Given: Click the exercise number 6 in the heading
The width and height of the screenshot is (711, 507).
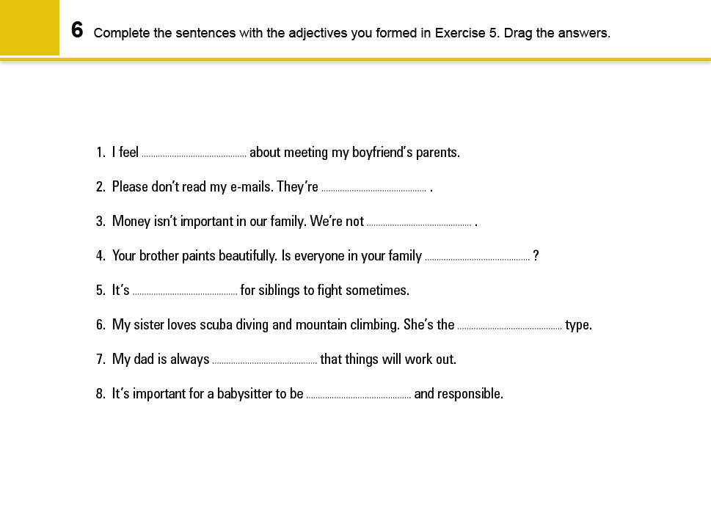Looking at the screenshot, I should [77, 31].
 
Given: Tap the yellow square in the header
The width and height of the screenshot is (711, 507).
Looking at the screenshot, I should [29, 28].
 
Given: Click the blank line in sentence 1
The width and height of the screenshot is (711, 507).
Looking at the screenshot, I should [194, 154].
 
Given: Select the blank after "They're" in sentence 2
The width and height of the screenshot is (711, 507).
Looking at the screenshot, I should [373, 189].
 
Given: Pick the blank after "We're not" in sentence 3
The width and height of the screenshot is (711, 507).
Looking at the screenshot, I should [419, 223].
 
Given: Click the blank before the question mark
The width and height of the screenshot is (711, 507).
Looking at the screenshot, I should [477, 258].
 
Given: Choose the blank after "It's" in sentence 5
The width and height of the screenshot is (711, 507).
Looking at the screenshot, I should [185, 292].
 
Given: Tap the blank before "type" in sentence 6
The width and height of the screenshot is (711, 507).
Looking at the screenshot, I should [509, 327].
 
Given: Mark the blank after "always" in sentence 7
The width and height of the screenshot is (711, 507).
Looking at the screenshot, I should [264, 361].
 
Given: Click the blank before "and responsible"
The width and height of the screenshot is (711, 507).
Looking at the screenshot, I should [358, 395].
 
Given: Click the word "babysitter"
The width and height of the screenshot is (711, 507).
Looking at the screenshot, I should [245, 394].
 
